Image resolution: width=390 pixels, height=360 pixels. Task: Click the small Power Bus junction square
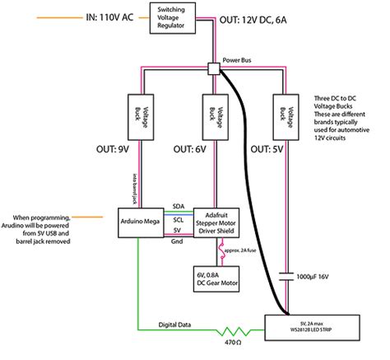tap(215, 71)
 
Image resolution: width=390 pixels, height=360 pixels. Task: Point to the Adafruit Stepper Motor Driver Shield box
tap(215, 223)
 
